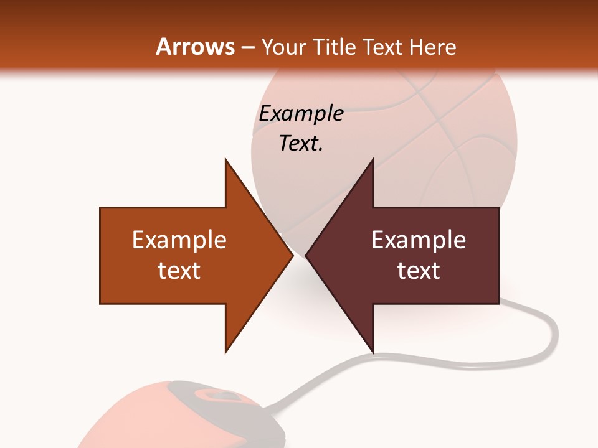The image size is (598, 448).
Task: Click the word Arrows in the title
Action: coord(195,47)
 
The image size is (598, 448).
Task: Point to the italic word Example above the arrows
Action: coord(301,113)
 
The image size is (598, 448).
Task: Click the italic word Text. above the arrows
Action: coord(301,143)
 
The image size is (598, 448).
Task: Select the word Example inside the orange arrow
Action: coord(179,240)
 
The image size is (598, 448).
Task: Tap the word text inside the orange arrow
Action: coord(179,271)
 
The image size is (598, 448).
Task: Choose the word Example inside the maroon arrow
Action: coord(419,240)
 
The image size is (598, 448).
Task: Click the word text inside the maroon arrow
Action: coord(419,271)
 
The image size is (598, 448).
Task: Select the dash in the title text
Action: coord(247,47)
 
